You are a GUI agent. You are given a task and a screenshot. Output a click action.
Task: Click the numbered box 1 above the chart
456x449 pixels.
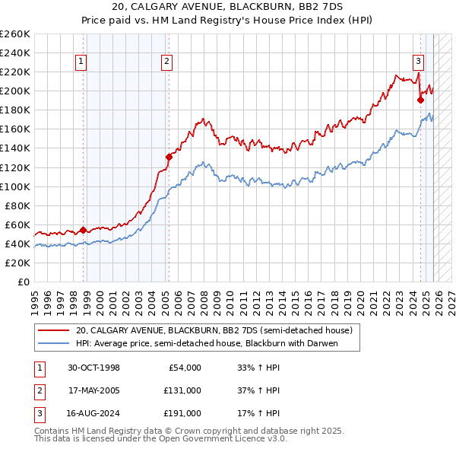[x=81, y=62]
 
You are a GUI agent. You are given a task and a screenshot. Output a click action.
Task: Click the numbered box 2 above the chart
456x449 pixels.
[x=166, y=62]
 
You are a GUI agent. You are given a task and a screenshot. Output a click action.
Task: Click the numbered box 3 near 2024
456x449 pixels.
[x=418, y=62]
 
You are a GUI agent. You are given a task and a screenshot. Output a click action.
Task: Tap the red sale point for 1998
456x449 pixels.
[x=84, y=230]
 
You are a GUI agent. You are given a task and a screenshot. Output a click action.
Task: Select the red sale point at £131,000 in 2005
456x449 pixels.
[x=169, y=157]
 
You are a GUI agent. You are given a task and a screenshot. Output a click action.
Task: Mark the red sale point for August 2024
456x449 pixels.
[x=420, y=99]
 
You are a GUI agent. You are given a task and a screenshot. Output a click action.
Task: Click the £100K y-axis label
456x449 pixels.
[x=15, y=186]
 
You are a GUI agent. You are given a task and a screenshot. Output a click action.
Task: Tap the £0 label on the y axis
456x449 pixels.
[x=23, y=282]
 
